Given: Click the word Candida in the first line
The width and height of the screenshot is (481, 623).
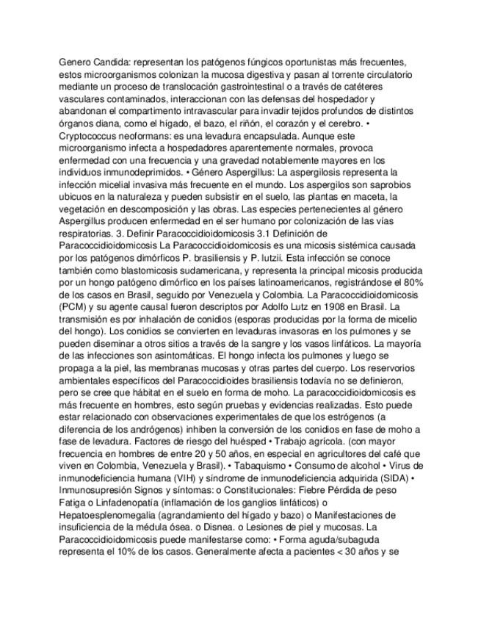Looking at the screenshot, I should click(x=112, y=63).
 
